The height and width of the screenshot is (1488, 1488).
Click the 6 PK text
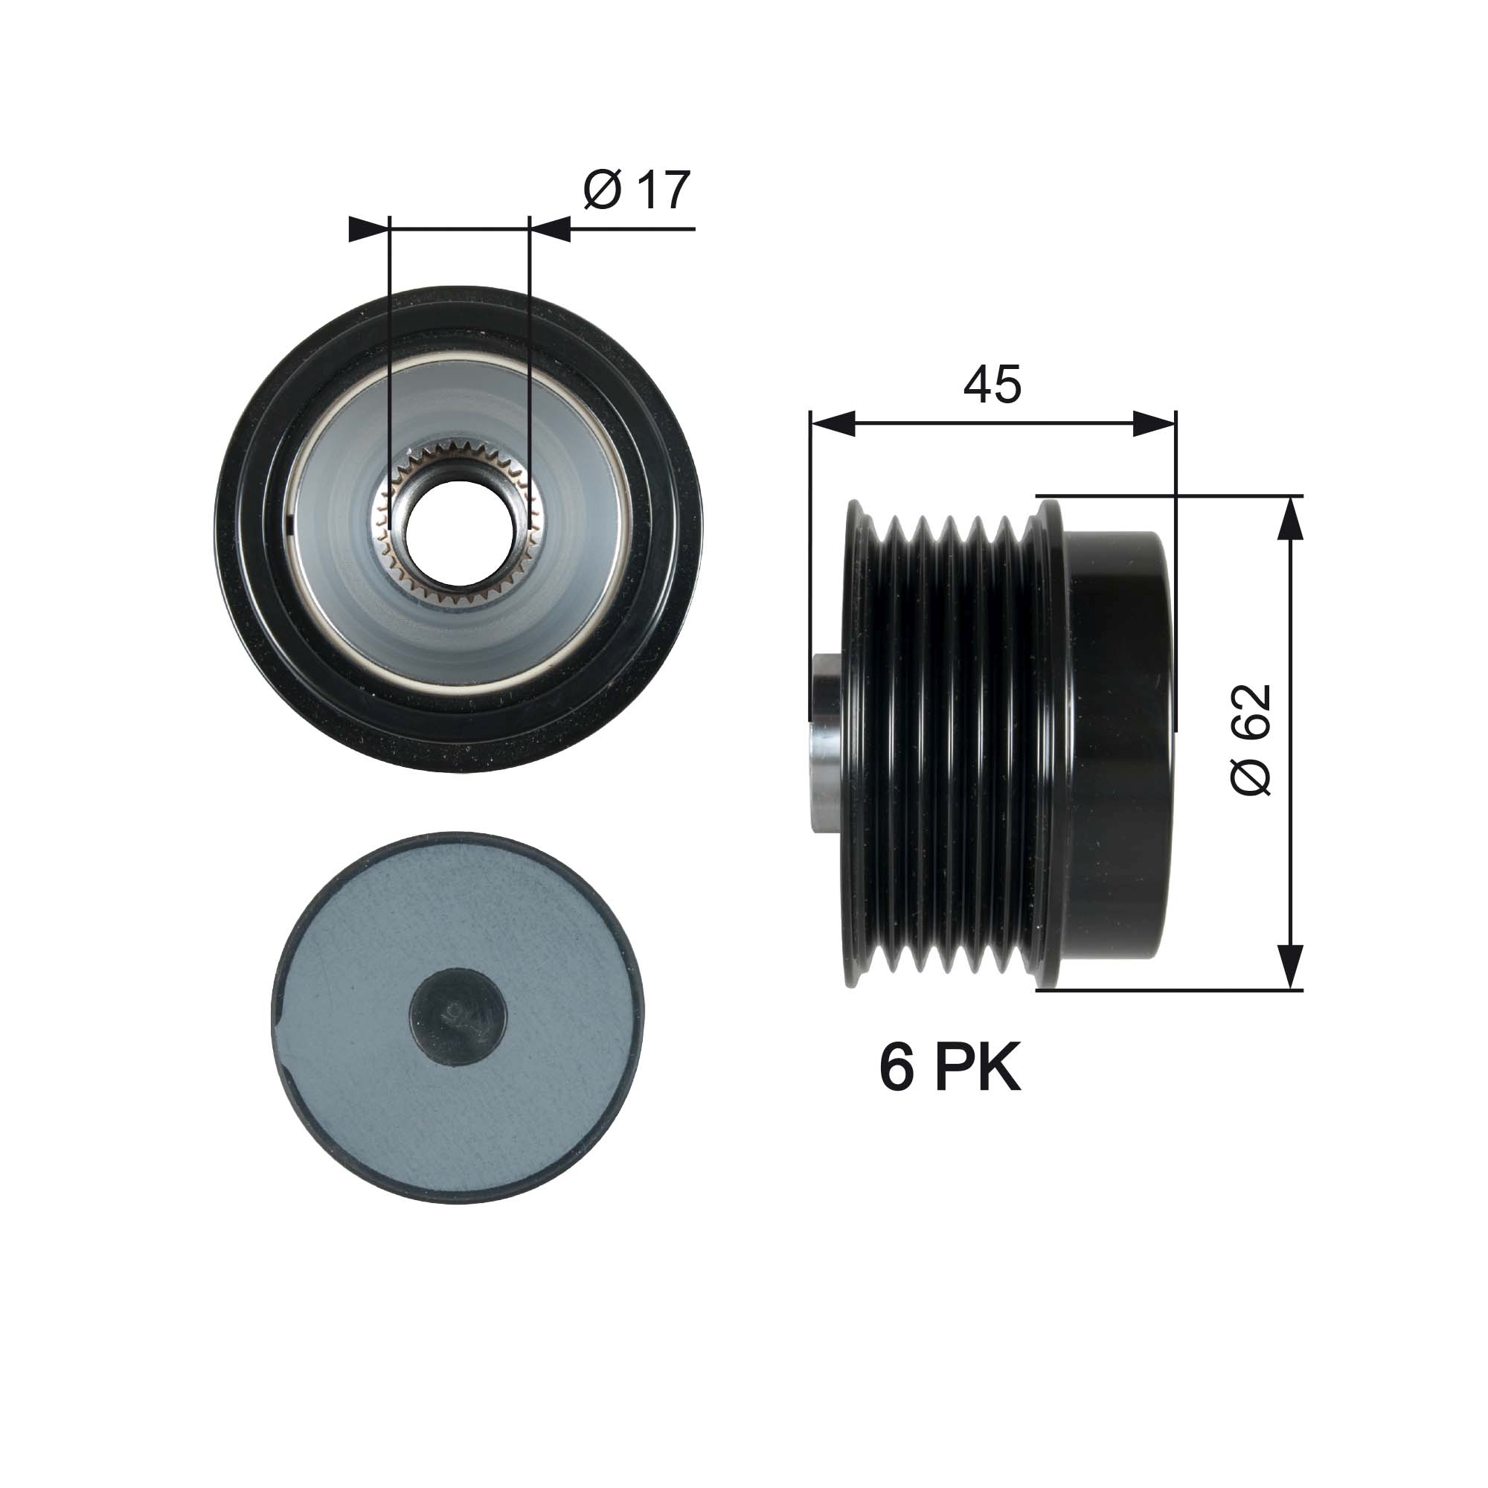pos(949,1068)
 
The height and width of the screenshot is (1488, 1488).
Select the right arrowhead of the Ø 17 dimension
pos(551,228)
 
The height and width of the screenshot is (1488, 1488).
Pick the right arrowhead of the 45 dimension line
pos(1155,423)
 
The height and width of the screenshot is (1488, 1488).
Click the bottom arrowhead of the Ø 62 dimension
pos(1290,966)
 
